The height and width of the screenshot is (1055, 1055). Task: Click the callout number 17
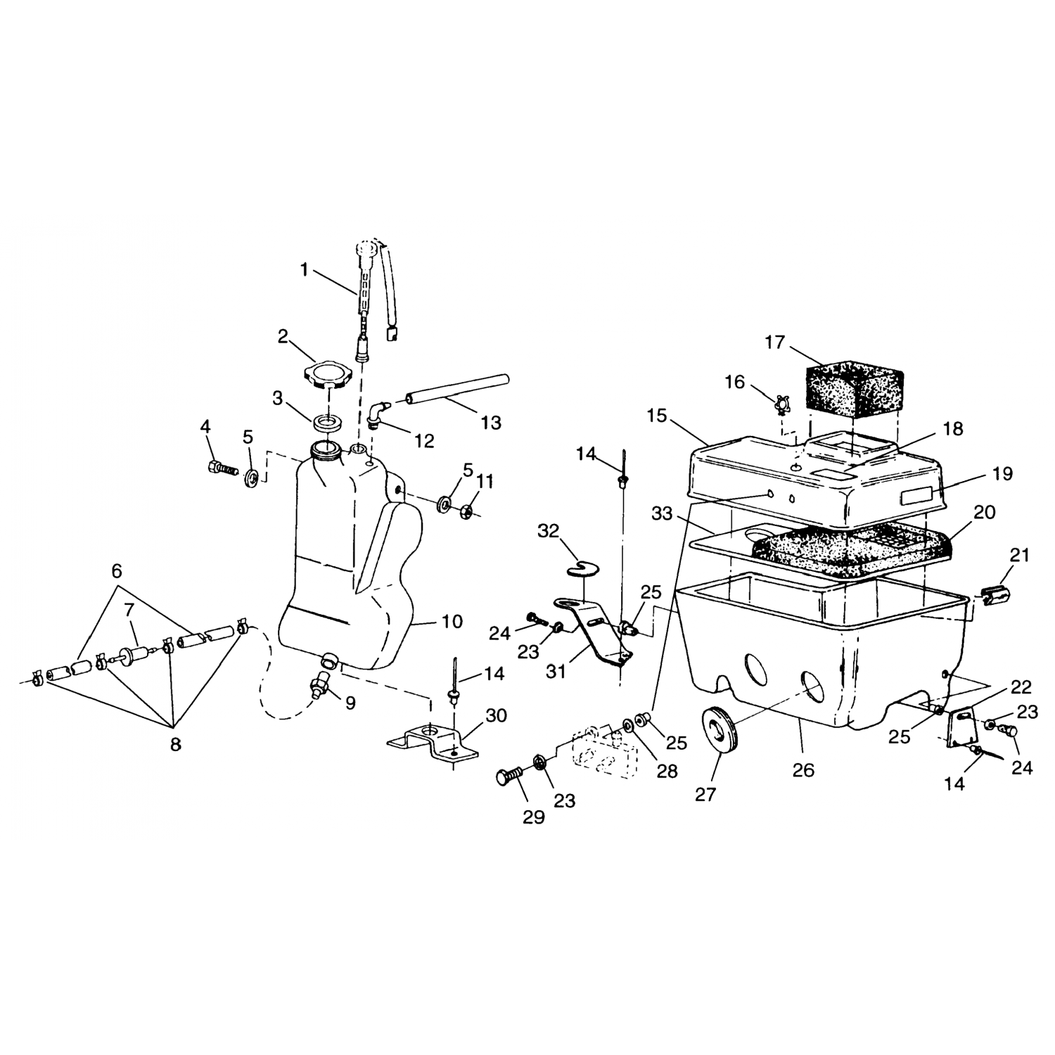[x=774, y=343]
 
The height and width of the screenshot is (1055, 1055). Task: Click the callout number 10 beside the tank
[x=452, y=622]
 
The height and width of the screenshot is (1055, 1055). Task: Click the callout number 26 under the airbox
[x=803, y=770]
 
